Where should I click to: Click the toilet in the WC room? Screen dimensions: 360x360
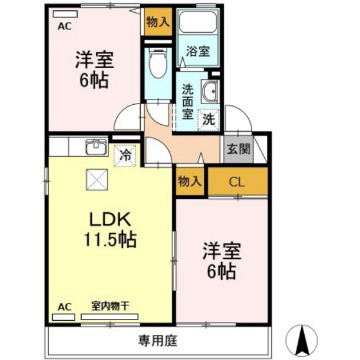point(157,65)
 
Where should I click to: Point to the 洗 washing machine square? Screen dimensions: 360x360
point(209,119)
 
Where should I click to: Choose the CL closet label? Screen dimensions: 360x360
point(237,182)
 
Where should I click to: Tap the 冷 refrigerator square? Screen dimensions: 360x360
point(126,155)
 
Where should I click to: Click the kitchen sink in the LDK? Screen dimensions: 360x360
point(96,147)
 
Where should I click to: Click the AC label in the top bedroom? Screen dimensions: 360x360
point(64,27)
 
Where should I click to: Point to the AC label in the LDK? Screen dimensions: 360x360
point(64,306)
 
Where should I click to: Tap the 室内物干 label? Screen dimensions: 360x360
point(110,306)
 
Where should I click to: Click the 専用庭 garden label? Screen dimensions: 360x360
point(157,338)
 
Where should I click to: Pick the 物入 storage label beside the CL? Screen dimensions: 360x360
point(190,181)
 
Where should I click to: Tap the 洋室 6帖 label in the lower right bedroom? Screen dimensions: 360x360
point(221,260)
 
